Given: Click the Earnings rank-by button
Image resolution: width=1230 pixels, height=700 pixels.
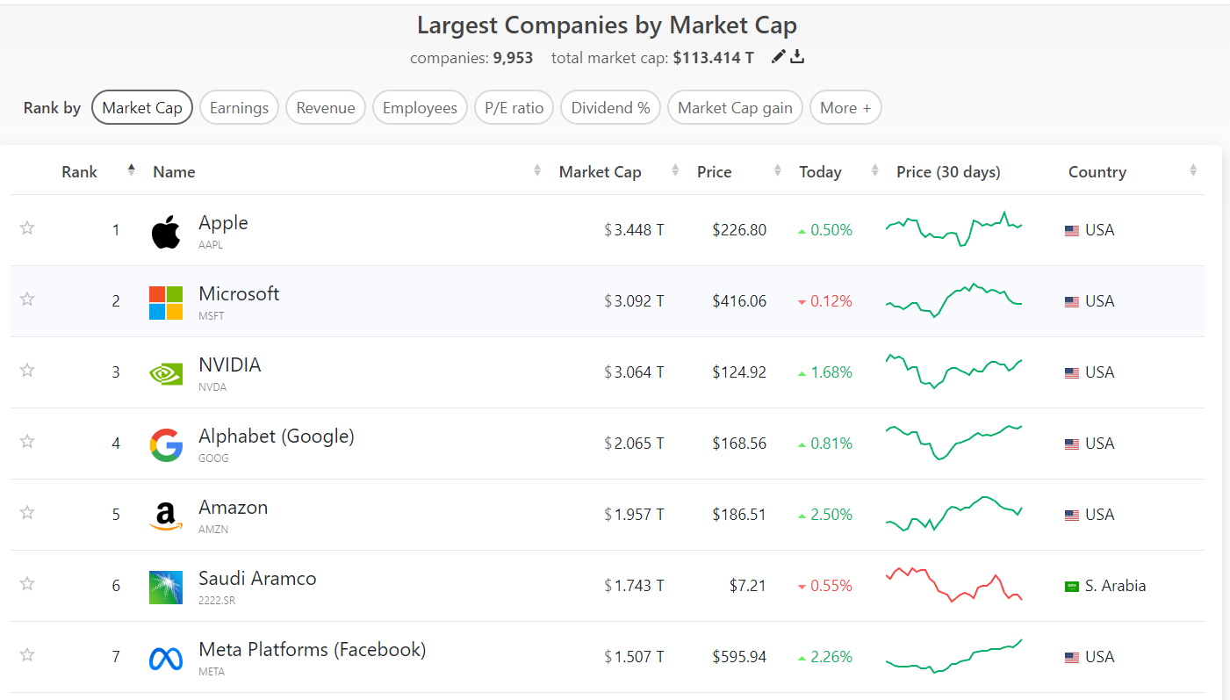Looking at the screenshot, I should tap(239, 108).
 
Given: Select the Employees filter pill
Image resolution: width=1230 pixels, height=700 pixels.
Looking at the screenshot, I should tap(420, 108).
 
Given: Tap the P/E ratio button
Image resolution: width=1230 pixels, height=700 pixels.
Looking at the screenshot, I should tap(514, 108).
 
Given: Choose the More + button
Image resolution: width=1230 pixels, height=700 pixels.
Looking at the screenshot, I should tap(845, 108).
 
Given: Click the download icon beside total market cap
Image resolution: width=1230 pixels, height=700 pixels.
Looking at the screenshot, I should tap(797, 57).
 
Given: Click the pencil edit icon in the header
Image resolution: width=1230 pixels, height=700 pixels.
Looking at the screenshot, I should tap(778, 57).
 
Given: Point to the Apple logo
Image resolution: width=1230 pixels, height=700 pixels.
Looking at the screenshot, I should tap(166, 232).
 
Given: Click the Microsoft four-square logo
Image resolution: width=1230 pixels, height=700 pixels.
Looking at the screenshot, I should tap(166, 302).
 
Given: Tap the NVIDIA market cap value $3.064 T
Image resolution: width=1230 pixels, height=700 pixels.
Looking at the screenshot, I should tap(634, 372).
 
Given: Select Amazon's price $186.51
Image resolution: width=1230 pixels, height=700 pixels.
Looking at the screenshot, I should tap(739, 515).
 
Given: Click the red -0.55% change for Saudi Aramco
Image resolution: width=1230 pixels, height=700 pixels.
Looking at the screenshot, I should tap(824, 586).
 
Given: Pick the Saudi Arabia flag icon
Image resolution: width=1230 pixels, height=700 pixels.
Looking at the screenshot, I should tap(1072, 586).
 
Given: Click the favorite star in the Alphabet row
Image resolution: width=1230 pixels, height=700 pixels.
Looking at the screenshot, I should tap(27, 441).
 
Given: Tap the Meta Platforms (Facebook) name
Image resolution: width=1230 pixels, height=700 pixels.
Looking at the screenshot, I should tap(312, 650).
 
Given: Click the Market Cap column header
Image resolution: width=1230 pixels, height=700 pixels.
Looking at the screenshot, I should tap(600, 172).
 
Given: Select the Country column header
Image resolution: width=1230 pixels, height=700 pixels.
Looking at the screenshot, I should tap(1097, 172).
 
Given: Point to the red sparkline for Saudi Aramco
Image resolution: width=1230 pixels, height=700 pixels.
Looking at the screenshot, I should tap(953, 584).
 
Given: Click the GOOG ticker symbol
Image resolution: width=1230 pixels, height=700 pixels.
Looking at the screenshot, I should tap(213, 458).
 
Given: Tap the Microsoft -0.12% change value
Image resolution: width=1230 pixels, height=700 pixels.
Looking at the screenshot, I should tap(824, 301).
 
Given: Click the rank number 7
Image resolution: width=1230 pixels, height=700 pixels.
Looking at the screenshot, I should tap(116, 657).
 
